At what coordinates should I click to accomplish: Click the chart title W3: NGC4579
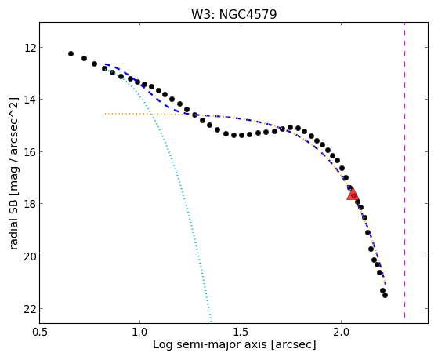[233, 14]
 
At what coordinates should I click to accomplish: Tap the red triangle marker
[353, 194]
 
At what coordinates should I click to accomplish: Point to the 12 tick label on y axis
[30, 48]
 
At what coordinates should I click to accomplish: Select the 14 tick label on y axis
[30, 100]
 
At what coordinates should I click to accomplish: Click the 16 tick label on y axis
[30, 152]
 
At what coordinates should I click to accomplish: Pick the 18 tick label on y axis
[30, 203]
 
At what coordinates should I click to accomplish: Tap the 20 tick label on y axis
[30, 256]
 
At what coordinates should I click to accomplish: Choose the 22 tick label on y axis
[30, 308]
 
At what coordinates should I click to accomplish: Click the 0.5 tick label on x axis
[40, 332]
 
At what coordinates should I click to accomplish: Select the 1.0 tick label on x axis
[139, 332]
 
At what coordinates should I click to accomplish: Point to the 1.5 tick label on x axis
[241, 332]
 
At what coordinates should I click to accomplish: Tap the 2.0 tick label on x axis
[342, 332]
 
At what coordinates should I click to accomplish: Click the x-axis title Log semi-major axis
[210, 344]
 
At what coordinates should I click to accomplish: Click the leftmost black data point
[71, 53]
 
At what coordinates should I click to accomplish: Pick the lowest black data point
[385, 295]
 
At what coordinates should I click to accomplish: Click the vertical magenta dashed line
[404, 170]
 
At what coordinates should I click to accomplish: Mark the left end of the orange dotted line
[105, 114]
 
